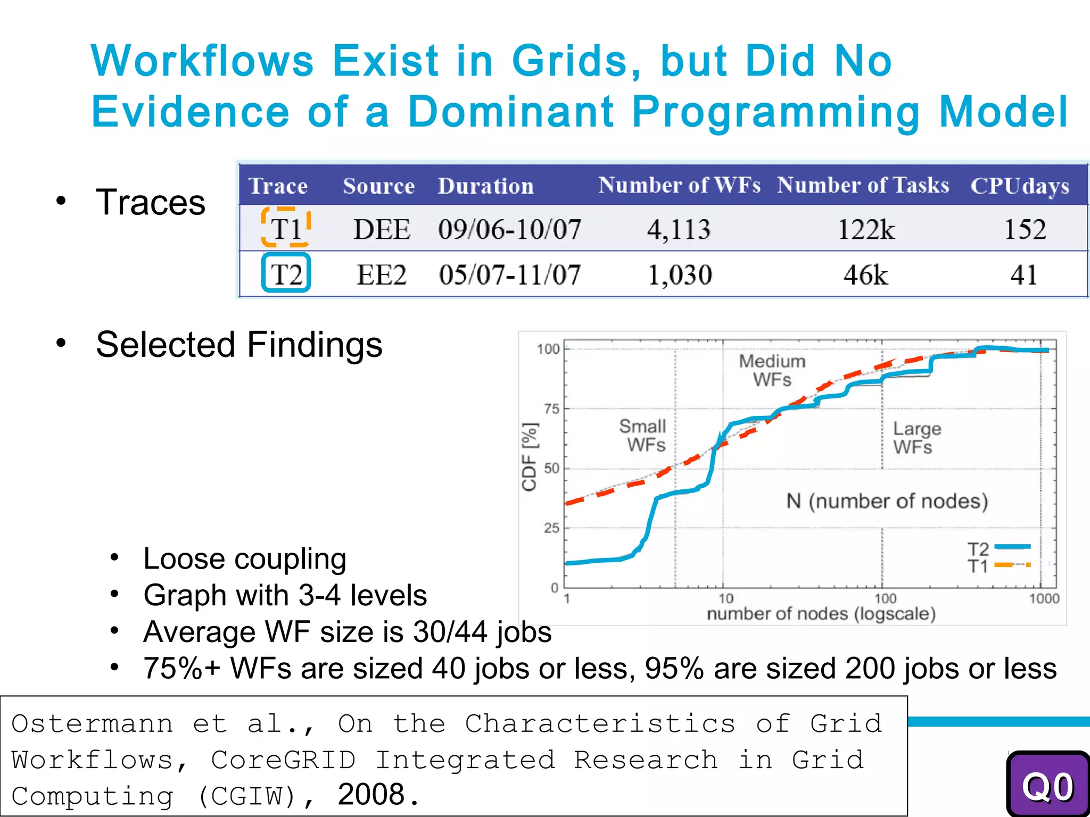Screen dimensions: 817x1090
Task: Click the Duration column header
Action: [x=485, y=186]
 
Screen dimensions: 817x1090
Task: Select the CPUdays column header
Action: [x=1020, y=186]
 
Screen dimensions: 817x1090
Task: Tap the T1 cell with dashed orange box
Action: [x=286, y=229]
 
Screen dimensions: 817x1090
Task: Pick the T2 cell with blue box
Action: [x=286, y=274]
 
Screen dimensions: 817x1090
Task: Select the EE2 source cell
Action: [x=381, y=275]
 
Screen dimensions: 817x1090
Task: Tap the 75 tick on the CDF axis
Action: [x=552, y=409]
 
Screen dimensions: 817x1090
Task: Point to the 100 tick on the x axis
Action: [x=885, y=598]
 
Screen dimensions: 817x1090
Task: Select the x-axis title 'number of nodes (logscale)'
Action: [x=821, y=614]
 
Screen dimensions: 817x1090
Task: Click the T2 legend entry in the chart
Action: [x=998, y=548]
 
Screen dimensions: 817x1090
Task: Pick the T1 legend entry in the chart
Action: [x=998, y=565]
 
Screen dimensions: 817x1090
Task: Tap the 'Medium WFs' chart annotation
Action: [x=772, y=370]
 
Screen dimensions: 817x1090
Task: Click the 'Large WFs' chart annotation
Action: [x=916, y=437]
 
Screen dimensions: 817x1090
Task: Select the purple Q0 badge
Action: [x=1047, y=786]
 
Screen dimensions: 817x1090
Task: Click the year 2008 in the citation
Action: [x=371, y=795]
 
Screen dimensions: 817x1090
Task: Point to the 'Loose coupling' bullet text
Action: [x=245, y=559]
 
